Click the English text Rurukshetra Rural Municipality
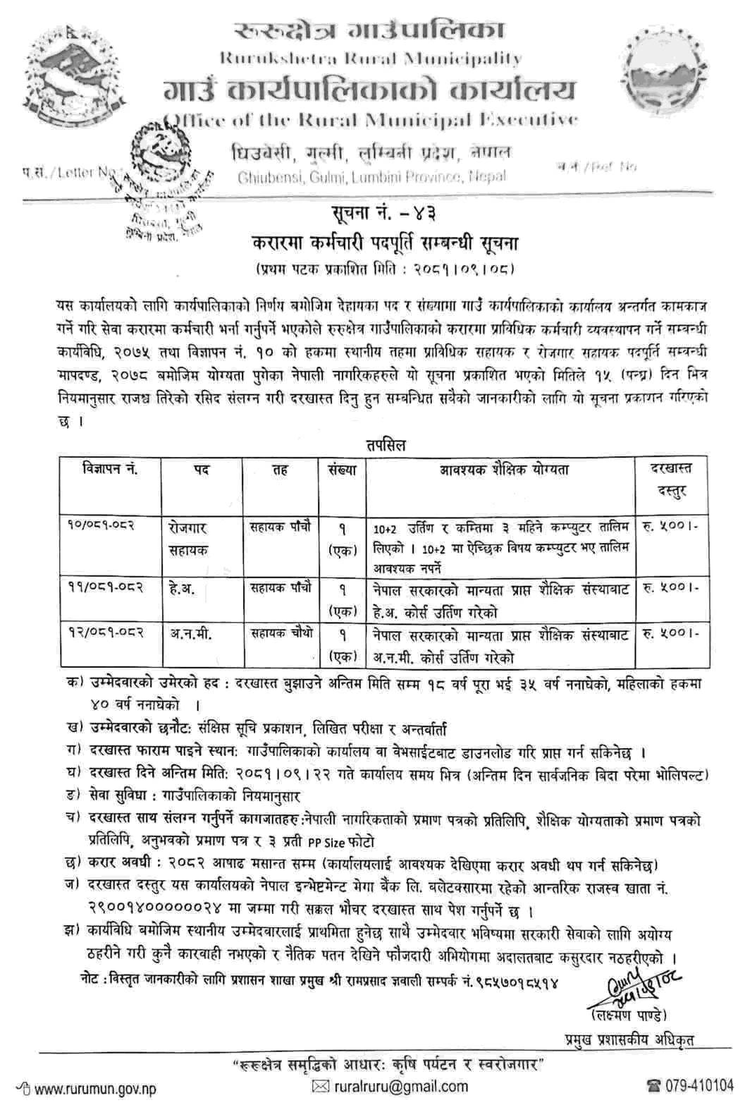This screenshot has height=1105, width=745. click(371, 59)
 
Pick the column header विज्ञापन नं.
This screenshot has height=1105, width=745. click(110, 470)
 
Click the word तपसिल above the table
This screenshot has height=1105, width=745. click(386, 445)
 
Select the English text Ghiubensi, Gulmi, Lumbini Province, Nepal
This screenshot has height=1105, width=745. click(371, 176)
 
